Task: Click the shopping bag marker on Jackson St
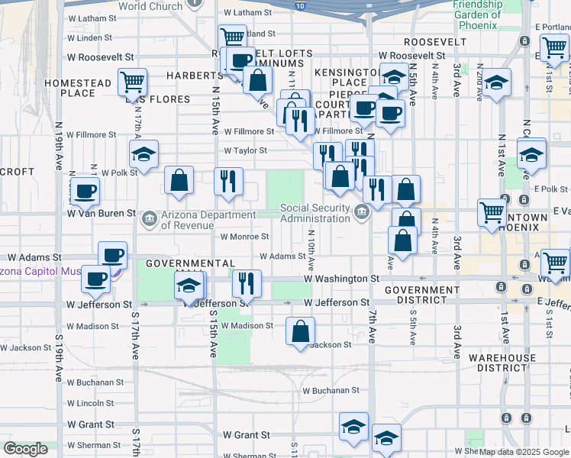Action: pyautogui.click(x=301, y=331)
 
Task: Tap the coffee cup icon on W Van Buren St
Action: pyautogui.click(x=85, y=190)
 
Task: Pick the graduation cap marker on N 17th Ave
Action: pyautogui.click(x=144, y=155)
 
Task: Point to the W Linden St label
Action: pyautogui.click(x=90, y=37)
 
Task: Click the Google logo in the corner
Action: pyautogui.click(x=25, y=449)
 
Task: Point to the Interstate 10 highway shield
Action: pyautogui.click(x=300, y=5)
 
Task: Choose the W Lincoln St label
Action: pyautogui.click(x=90, y=403)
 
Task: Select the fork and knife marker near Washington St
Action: pyautogui.click(x=246, y=284)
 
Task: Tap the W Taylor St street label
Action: pyautogui.click(x=245, y=151)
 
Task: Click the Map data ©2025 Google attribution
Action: pyautogui.click(x=524, y=452)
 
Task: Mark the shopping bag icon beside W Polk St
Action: pyautogui.click(x=179, y=181)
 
